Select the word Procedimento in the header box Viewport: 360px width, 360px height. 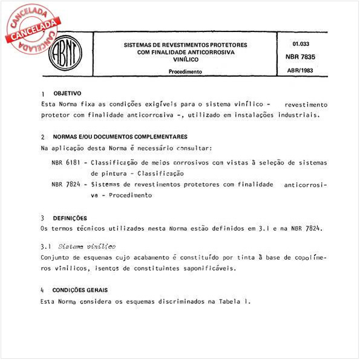tap(185, 71)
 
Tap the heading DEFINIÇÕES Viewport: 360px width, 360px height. tap(70, 218)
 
